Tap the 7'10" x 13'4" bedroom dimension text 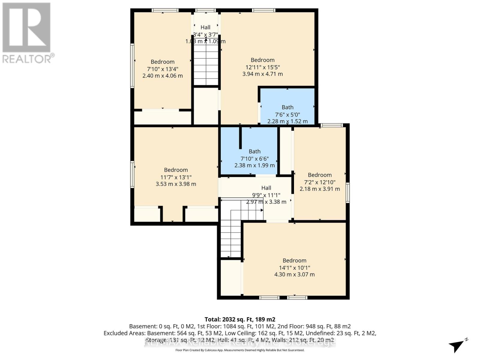pos(163,69)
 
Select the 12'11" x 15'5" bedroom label pos(262,67)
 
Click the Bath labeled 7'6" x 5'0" pos(287,114)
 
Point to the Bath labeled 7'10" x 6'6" pos(254,158)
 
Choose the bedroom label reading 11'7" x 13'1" pos(176,177)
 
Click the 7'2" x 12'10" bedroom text pos(320,182)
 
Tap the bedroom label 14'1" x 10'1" pos(294,268)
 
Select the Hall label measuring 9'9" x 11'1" pos(266,195)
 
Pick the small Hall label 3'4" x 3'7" pos(205,34)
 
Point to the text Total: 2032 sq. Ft pos(240,319)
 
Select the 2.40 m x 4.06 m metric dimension pos(163,76)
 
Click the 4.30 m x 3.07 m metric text pos(294,274)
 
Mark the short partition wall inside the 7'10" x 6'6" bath pos(240,138)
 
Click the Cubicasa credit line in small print pos(240,350)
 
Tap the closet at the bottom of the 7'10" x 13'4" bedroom pos(162,117)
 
